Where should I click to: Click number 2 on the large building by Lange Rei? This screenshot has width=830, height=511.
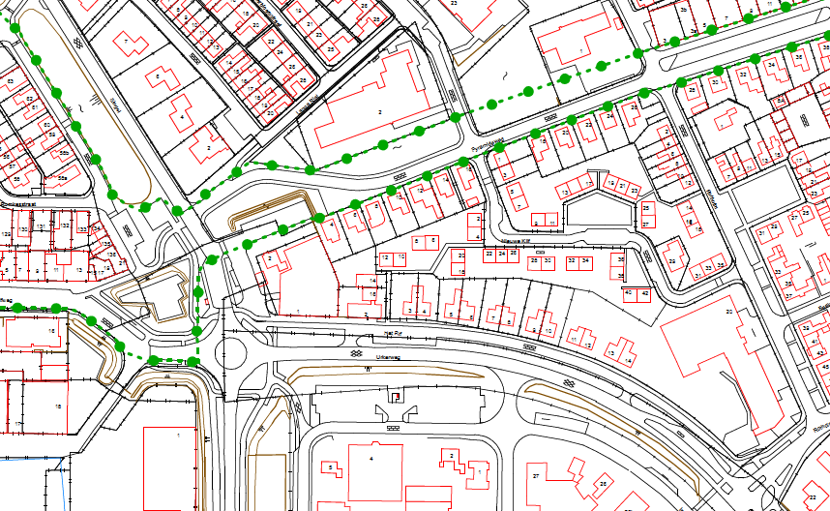click(380, 113)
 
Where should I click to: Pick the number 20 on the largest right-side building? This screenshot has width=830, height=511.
click(730, 312)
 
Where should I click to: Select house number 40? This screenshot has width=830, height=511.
click(629, 292)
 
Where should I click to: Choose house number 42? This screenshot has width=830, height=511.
click(643, 292)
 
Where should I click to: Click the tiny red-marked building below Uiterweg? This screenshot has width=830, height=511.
click(395, 396)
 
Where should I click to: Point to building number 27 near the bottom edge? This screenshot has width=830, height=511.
click(535, 475)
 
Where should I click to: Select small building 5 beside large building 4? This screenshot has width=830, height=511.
click(331, 468)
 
